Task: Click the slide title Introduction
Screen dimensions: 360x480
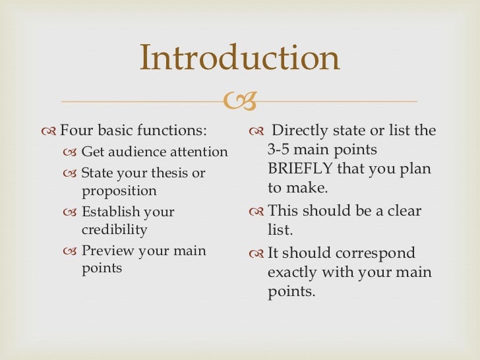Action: tap(240, 58)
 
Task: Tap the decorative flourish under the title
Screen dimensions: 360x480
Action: tap(241, 101)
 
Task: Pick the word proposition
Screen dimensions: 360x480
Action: tap(119, 191)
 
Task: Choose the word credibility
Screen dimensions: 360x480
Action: tap(115, 230)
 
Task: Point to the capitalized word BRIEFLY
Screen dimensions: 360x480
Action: tap(300, 169)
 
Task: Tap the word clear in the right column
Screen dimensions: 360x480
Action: tap(401, 212)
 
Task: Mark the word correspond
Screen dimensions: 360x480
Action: tap(384, 253)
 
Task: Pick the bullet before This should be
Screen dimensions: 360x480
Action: tap(256, 212)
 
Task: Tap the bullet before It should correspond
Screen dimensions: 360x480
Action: tap(256, 254)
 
